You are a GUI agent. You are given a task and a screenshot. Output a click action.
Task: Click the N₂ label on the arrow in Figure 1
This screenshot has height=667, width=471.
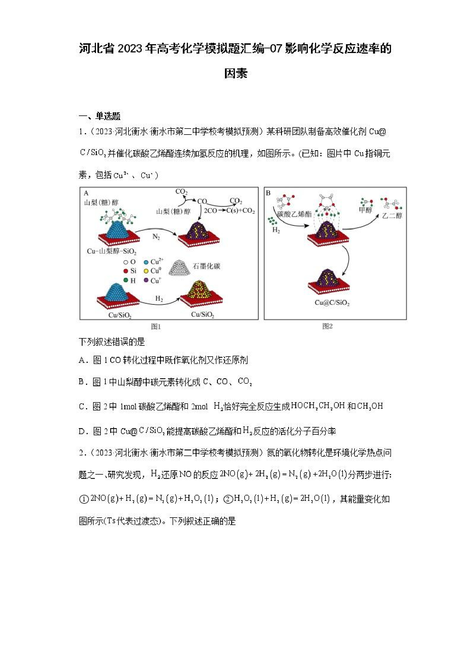pos(156,237)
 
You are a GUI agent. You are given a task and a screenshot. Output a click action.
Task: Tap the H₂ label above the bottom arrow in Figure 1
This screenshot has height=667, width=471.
pos(159,299)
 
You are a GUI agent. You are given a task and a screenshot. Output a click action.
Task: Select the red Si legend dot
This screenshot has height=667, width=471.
pos(126,271)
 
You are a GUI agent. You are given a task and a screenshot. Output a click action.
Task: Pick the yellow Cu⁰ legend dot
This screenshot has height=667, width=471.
pos(146,271)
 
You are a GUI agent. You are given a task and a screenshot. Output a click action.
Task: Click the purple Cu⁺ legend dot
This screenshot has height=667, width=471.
pos(146,280)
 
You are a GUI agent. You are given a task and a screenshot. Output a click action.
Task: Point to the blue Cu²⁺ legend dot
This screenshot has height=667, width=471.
pos(146,262)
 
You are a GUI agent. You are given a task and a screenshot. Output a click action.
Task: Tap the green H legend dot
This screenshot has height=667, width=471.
pos(126,280)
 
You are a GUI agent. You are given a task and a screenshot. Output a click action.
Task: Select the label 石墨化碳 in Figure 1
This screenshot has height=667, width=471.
pos(206,266)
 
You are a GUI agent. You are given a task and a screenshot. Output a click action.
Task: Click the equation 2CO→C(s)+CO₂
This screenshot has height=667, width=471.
pos(229,211)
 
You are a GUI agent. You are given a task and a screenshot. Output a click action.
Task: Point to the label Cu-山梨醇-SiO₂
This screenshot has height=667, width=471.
pos(112,251)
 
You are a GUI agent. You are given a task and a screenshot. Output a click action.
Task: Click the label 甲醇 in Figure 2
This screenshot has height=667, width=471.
pos(365,210)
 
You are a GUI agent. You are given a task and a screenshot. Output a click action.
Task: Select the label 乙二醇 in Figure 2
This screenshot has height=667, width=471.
pos(392,215)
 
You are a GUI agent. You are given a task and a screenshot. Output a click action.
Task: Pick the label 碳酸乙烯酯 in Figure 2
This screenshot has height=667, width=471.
pos(294,214)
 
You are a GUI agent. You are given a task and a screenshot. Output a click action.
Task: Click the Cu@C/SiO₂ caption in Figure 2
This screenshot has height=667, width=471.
pos(332,303)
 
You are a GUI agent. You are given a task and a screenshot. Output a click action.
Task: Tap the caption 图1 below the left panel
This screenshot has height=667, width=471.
pos(156,327)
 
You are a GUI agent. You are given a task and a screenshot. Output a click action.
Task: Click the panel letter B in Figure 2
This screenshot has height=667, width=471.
pos(268,193)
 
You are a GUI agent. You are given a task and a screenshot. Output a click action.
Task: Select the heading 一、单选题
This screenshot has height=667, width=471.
pos(100,116)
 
